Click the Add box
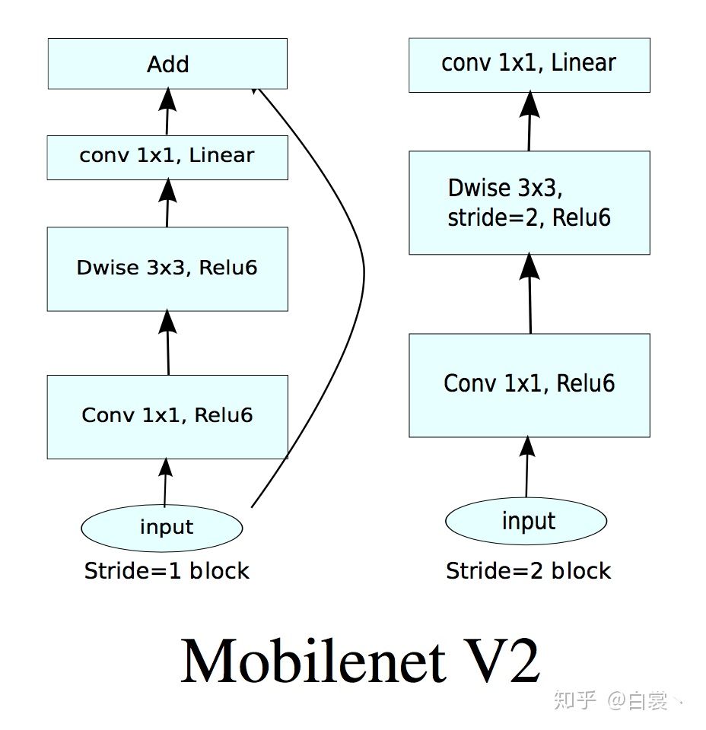[x=167, y=64]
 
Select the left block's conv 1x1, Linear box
[x=167, y=157]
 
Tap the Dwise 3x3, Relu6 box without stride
[x=167, y=268]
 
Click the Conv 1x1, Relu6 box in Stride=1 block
[x=167, y=416]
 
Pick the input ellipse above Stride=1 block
[x=161, y=527]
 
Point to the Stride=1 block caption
[x=167, y=571]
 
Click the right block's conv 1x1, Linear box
[x=529, y=65]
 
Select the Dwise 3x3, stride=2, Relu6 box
[x=529, y=202]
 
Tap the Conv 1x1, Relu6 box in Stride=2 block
[x=529, y=384]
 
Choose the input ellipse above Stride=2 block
[x=526, y=522]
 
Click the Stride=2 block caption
[x=528, y=571]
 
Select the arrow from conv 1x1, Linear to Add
[x=167, y=112]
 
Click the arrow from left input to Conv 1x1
[x=164, y=482]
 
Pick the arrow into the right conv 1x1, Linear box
[x=529, y=122]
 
